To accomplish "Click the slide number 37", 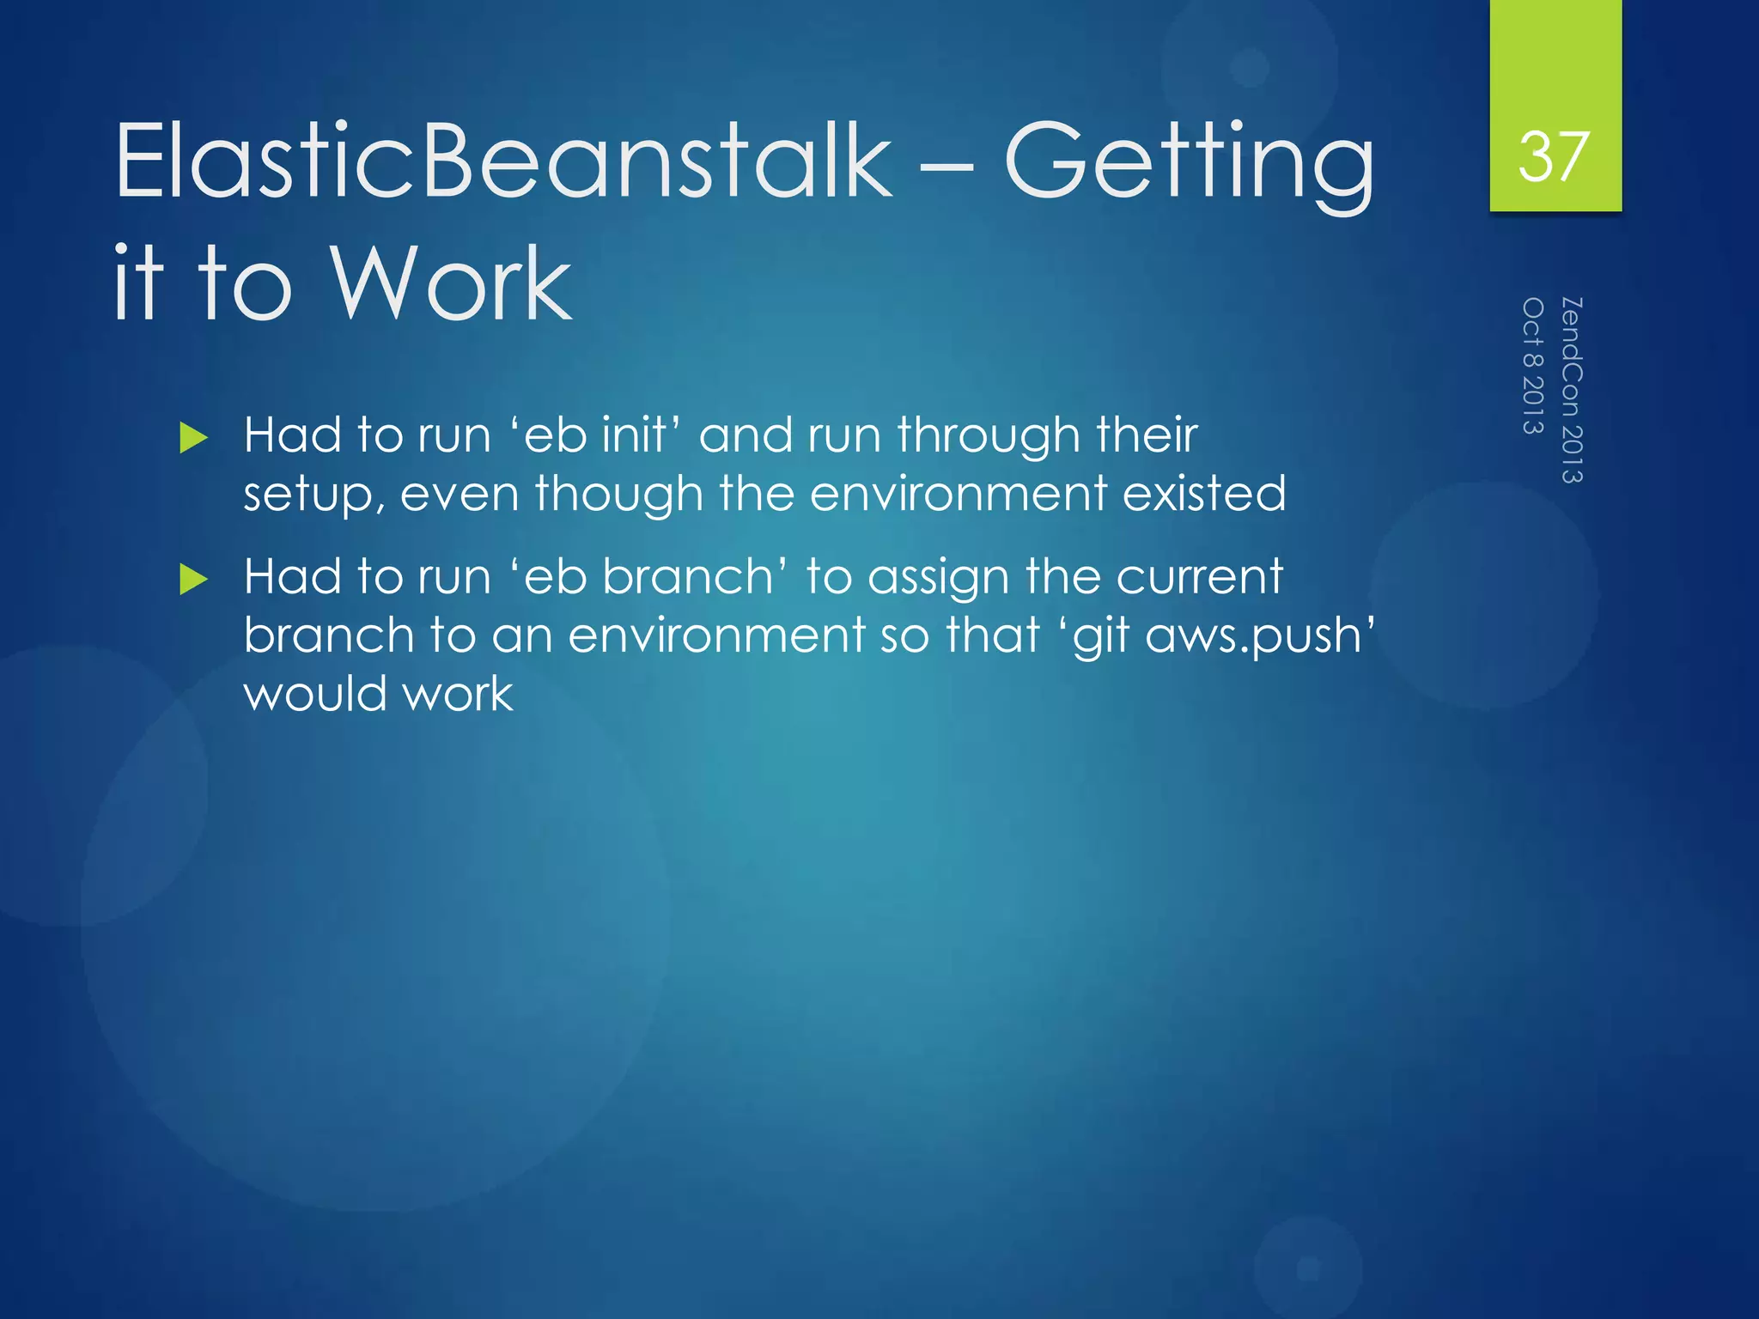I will (1554, 156).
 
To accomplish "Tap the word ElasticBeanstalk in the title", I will (503, 161).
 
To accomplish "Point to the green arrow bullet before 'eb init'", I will (194, 439).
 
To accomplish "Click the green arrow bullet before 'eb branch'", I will (194, 580).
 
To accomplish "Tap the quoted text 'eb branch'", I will (649, 576).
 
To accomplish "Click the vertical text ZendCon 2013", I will (1571, 390).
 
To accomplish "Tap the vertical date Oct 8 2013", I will (1533, 366).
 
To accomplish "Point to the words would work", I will (378, 694).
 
